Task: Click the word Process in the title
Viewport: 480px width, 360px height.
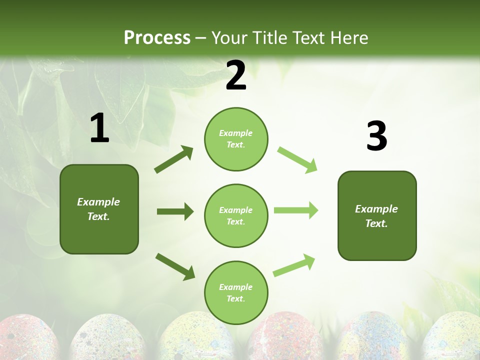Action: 157,37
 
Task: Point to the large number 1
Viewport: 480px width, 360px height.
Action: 99,128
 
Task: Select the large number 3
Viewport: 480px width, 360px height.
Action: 376,136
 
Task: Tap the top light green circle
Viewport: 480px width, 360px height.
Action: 236,139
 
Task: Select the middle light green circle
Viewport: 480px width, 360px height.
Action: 236,215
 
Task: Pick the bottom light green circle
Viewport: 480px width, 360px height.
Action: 236,292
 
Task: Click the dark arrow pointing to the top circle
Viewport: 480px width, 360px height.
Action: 173,159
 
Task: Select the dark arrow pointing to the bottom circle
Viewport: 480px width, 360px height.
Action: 175,266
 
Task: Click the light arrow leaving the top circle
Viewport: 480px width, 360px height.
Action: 297,160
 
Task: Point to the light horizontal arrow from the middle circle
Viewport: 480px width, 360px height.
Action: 295,210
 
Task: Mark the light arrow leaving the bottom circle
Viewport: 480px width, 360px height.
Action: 294,265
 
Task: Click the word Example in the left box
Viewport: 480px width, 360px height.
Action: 98,202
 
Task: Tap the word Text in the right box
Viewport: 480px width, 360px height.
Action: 376,223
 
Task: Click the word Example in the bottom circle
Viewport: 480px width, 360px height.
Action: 235,287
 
